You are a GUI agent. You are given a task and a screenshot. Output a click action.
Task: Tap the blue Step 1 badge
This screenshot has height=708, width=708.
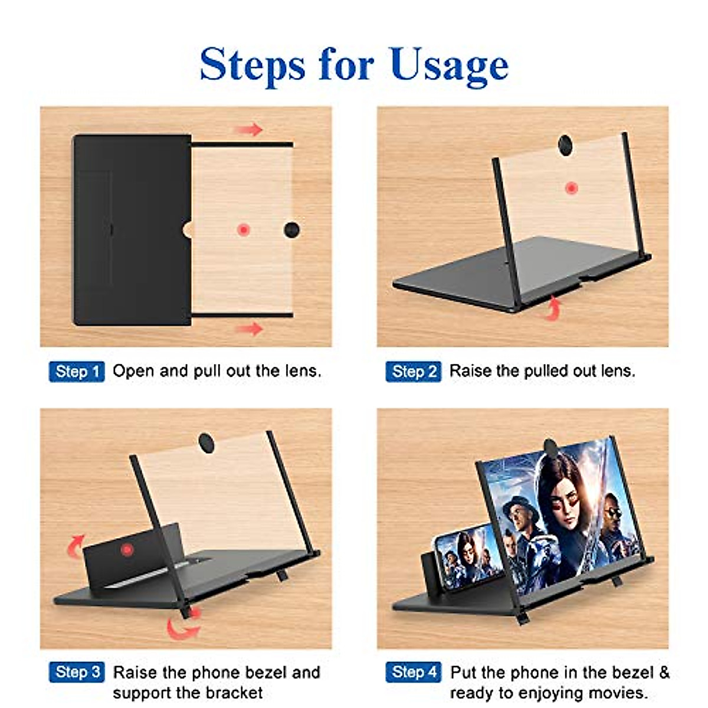click(x=77, y=372)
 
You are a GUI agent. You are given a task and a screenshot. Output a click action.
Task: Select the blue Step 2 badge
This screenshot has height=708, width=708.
click(x=414, y=372)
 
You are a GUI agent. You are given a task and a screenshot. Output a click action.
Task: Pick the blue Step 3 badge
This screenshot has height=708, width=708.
click(x=77, y=672)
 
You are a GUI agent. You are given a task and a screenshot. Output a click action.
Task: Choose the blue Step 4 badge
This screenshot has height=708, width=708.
click(x=414, y=672)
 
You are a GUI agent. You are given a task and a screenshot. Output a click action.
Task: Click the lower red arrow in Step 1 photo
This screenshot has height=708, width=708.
click(x=250, y=329)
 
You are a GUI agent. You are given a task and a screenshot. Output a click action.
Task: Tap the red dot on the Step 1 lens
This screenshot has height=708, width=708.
click(x=243, y=230)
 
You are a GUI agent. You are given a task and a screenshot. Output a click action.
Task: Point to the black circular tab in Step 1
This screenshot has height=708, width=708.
click(x=291, y=230)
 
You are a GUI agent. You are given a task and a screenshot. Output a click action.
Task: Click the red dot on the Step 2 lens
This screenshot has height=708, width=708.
click(x=571, y=188)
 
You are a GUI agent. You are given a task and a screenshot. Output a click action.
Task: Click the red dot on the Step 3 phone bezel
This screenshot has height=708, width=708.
click(x=126, y=550)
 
